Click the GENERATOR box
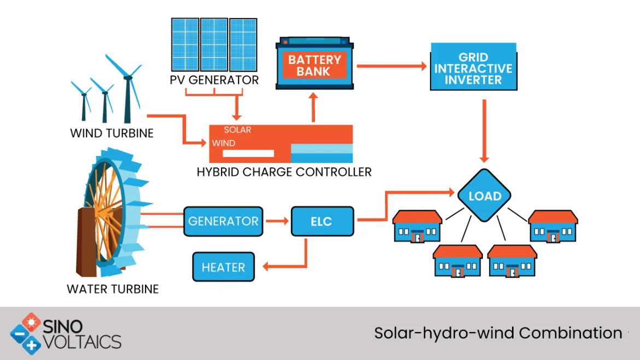[x=223, y=221]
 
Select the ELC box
[x=322, y=221]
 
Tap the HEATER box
[x=223, y=267]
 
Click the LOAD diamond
[x=485, y=195]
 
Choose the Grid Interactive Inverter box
[x=473, y=67]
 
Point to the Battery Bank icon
[x=315, y=64]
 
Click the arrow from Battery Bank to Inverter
[x=391, y=66]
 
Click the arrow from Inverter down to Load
[x=484, y=131]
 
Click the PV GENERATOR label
[x=214, y=80]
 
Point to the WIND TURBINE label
[x=112, y=133]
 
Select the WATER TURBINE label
[x=113, y=288]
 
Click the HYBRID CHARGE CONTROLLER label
[x=284, y=172]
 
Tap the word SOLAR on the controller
[x=237, y=130]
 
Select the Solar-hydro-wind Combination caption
[x=498, y=332]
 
